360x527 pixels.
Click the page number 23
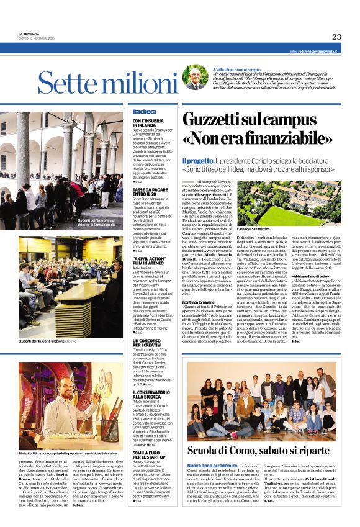coord(336,37)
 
